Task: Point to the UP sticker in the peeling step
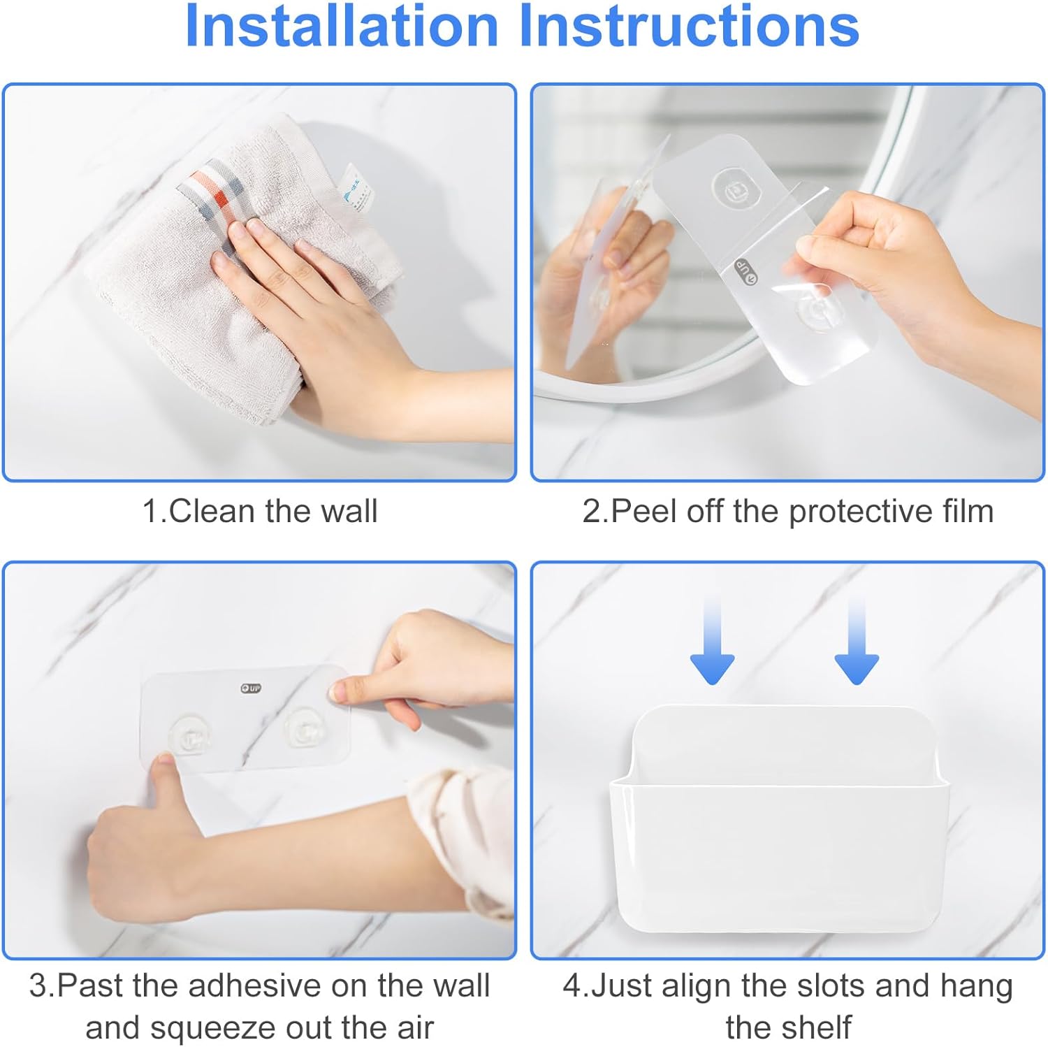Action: click(745, 272)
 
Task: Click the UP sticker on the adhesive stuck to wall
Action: click(250, 688)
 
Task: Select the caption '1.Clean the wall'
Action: click(260, 511)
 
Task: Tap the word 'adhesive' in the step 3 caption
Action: click(254, 985)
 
